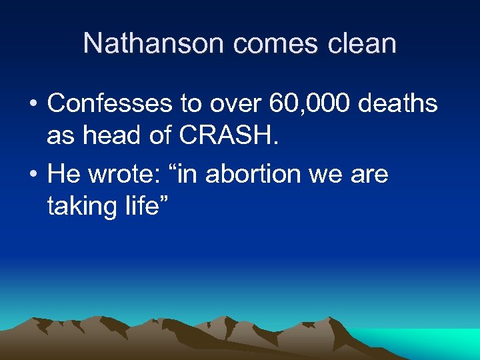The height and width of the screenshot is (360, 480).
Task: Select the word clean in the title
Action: click(x=363, y=44)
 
